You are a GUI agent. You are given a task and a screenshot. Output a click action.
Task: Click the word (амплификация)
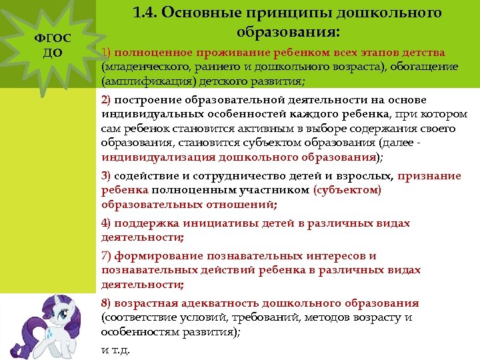pyautogui.click(x=137, y=81)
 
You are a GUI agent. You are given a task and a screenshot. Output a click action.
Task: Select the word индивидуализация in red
pyautogui.click(x=157, y=157)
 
